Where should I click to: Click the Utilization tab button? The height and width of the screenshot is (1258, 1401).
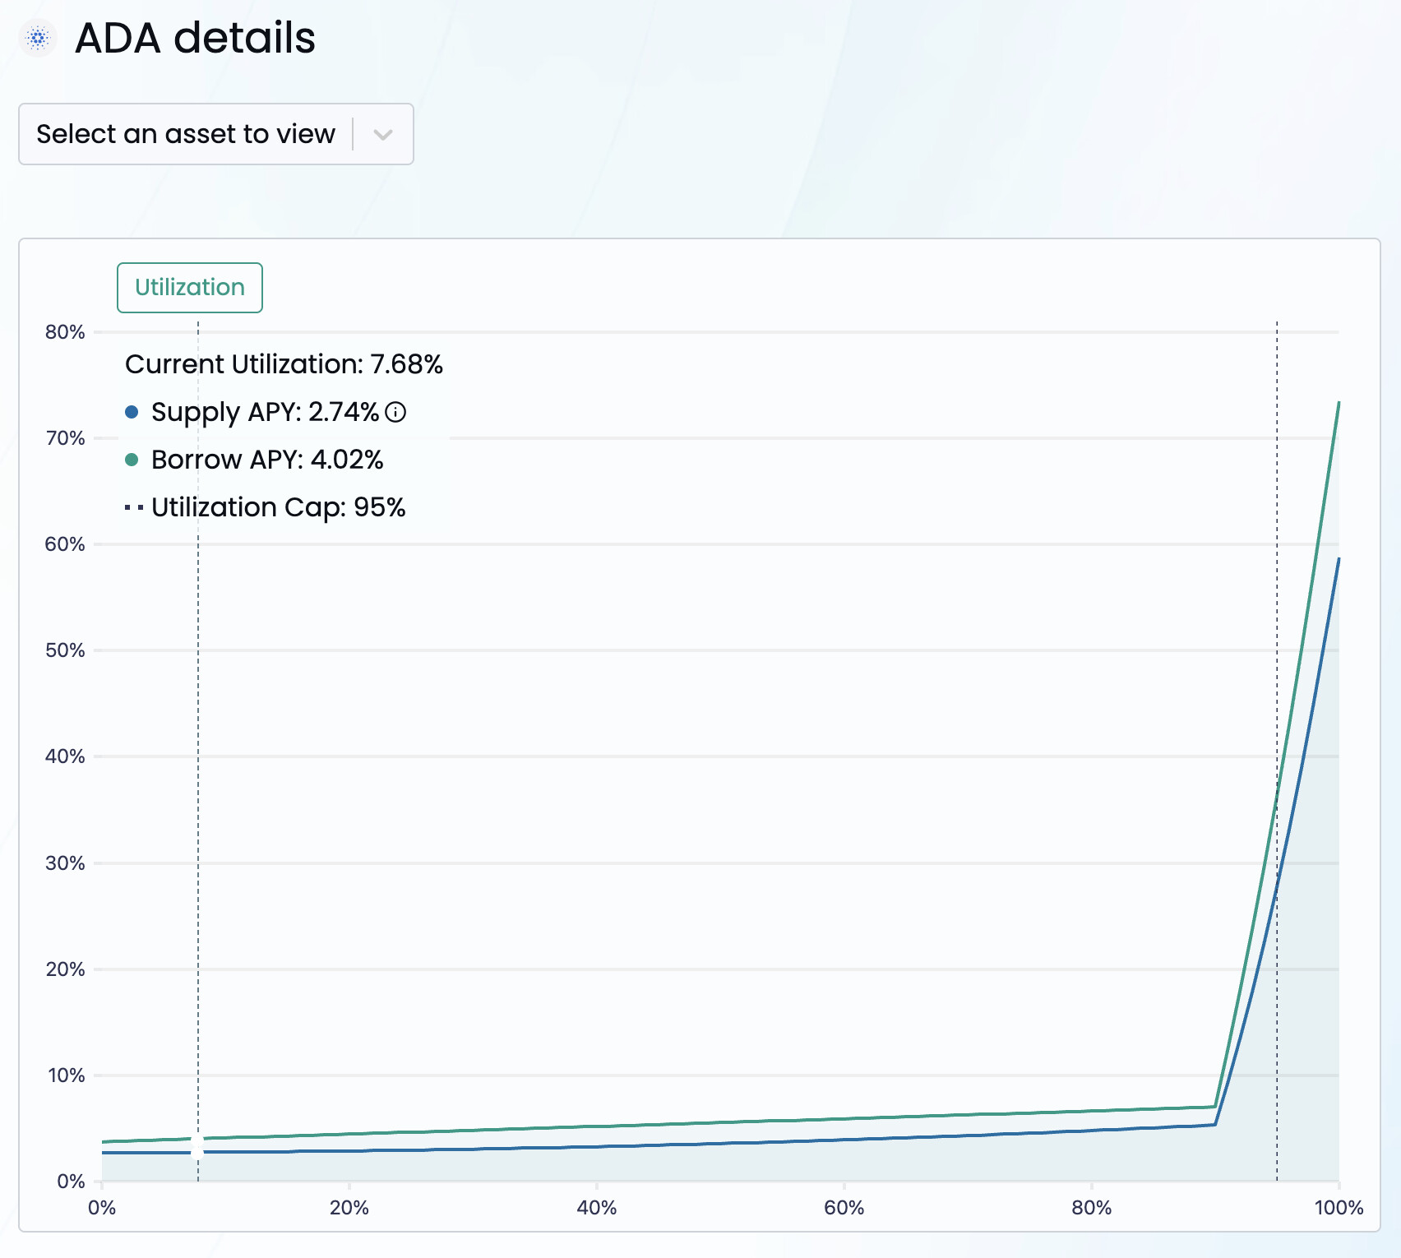point(190,288)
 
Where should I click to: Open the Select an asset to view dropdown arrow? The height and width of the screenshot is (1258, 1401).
point(382,134)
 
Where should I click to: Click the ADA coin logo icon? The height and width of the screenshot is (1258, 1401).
point(38,38)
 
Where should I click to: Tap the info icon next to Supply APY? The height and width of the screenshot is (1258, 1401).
point(395,412)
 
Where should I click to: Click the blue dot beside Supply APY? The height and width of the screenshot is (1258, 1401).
point(132,412)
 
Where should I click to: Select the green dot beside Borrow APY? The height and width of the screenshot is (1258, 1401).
point(132,460)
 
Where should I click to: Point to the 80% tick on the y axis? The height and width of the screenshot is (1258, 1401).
point(66,332)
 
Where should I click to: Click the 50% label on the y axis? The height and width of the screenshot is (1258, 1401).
point(66,650)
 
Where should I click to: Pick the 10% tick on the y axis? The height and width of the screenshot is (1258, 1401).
point(66,1075)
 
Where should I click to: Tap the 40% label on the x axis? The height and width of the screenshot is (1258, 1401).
point(597,1207)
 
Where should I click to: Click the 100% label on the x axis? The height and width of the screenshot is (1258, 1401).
point(1339,1207)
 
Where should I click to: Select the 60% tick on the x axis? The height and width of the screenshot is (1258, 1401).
point(844,1207)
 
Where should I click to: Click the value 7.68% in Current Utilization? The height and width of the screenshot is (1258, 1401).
point(407,364)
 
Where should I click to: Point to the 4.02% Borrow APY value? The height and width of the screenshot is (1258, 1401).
point(347,460)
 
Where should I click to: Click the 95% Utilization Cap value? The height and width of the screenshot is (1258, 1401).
point(380,507)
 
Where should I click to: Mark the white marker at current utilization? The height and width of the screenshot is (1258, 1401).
point(197,1145)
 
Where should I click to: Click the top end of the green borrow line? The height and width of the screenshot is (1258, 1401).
point(1339,403)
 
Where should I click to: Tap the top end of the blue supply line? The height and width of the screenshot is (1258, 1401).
point(1339,559)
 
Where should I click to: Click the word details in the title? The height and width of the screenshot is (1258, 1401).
point(244,38)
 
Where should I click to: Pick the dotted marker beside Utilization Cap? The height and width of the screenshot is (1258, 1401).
point(134,507)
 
